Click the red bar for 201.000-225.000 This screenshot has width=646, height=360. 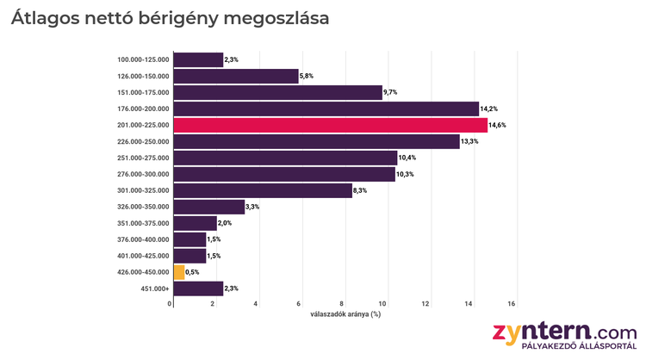[x=330, y=125]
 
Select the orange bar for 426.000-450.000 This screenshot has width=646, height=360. [x=179, y=272]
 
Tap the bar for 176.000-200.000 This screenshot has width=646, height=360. [x=326, y=109]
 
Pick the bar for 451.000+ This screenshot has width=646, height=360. [x=198, y=289]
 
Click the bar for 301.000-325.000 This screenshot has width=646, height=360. [x=263, y=190]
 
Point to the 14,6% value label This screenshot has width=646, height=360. [x=498, y=126]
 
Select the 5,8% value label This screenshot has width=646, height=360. [x=307, y=77]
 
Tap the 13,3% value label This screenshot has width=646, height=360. [x=469, y=142]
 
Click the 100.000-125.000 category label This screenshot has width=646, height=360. [x=143, y=59]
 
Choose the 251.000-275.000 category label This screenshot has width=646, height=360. [x=143, y=158]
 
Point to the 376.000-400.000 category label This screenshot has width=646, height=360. [x=143, y=239]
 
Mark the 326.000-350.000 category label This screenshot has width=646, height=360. [x=143, y=207]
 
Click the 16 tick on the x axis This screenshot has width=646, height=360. [x=512, y=304]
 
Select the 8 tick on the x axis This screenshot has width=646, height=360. [x=342, y=304]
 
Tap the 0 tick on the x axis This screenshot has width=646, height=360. [x=171, y=304]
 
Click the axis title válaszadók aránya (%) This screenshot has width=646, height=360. [x=345, y=314]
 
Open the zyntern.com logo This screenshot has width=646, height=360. [x=564, y=331]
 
